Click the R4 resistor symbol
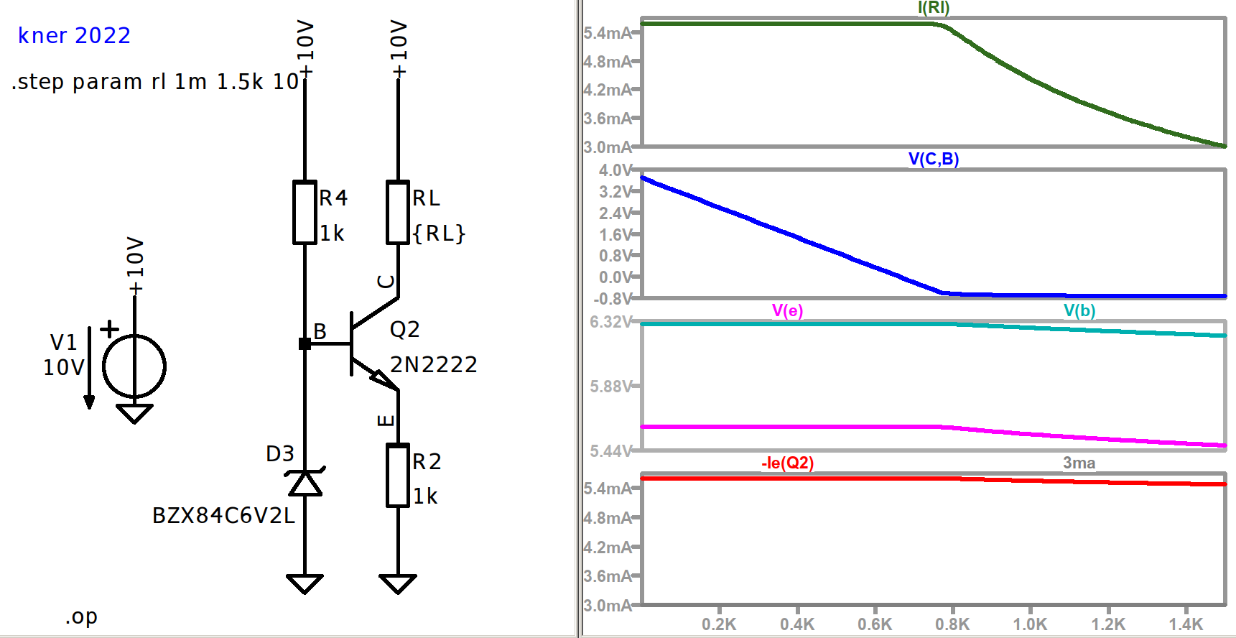pyautogui.click(x=305, y=213)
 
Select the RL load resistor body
pyautogui.click(x=398, y=213)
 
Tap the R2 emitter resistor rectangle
pyautogui.click(x=398, y=476)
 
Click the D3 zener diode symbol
pyautogui.click(x=305, y=483)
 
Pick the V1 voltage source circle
pyautogui.click(x=134, y=366)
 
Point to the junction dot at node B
pyautogui.click(x=305, y=344)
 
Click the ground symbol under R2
pyautogui.click(x=398, y=583)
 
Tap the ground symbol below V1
pyautogui.click(x=134, y=414)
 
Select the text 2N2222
pyautogui.click(x=434, y=365)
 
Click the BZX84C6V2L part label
pyautogui.click(x=223, y=516)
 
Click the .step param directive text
pyautogui.click(x=155, y=82)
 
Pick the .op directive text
pyautogui.click(x=81, y=616)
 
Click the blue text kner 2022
pyautogui.click(x=74, y=35)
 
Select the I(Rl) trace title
pyautogui.click(x=934, y=8)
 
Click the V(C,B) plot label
pyautogui.click(x=934, y=159)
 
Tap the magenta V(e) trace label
pyautogui.click(x=787, y=310)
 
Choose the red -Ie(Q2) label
pyautogui.click(x=788, y=463)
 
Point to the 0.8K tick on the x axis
pyautogui.click(x=952, y=624)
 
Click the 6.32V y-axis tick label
pyautogui.click(x=610, y=322)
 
